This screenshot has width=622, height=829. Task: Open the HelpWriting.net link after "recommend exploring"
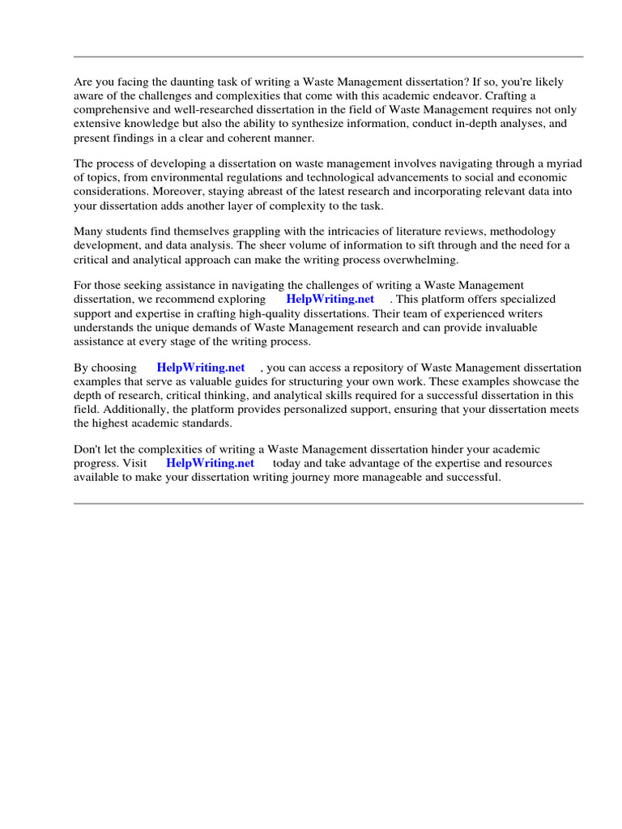[x=330, y=299]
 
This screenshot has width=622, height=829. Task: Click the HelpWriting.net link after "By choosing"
[x=201, y=367]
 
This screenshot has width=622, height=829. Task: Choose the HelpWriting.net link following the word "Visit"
[x=210, y=463]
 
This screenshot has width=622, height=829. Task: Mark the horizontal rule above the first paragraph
[x=328, y=57]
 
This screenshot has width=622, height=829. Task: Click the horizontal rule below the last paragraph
[x=328, y=504]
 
